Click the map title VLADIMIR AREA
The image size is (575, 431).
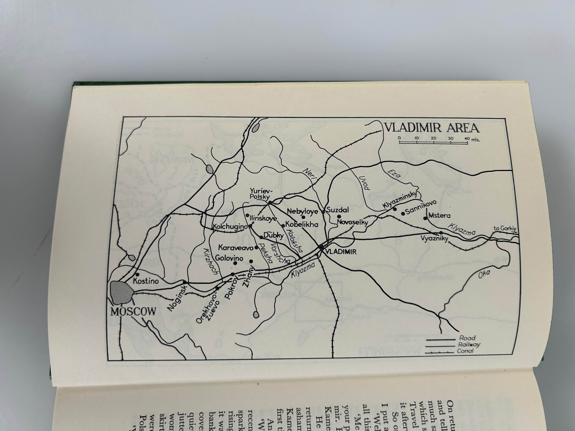coord(432,128)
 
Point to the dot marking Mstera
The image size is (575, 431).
coord(425,218)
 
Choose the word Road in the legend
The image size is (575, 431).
coord(467,338)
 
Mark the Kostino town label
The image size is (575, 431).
coord(146,281)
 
